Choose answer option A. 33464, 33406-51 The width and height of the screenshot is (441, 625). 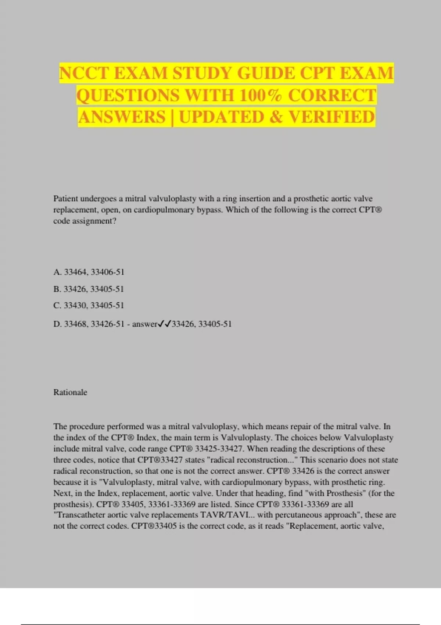[x=89, y=272]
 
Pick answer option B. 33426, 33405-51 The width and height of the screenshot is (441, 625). [x=89, y=289]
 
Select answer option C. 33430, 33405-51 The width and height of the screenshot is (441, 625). [x=89, y=306]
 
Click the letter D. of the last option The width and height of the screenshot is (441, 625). [x=58, y=324]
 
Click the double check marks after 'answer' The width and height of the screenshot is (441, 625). [x=164, y=324]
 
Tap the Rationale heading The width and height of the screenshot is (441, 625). [x=70, y=392]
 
